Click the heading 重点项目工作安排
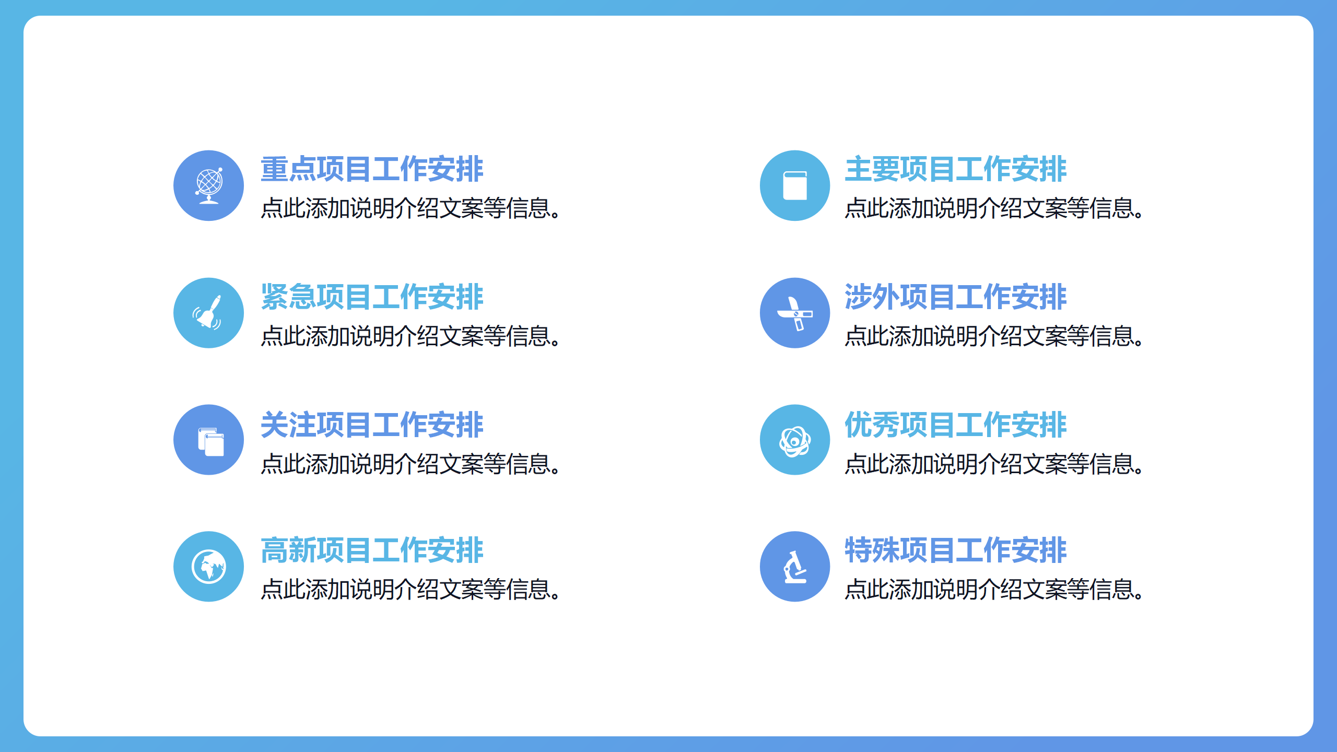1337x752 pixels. click(x=372, y=169)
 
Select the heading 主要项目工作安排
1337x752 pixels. click(x=956, y=169)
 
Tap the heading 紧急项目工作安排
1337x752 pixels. click(x=372, y=297)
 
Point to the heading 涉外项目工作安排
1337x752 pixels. click(x=956, y=297)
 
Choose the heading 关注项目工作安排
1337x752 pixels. click(x=372, y=424)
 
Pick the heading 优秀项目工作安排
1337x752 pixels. click(x=956, y=424)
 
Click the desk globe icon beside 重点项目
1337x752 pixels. click(x=209, y=186)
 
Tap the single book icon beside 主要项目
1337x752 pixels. click(x=795, y=185)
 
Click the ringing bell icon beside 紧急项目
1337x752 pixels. click(x=207, y=312)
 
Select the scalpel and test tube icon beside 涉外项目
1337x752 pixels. click(x=795, y=313)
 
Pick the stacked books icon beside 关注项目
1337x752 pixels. click(x=211, y=442)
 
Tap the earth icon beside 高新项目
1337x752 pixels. click(x=209, y=567)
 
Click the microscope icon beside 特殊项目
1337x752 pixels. click(x=795, y=567)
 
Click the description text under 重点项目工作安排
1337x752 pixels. click(x=411, y=208)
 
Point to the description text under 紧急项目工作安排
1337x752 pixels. click(x=411, y=336)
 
